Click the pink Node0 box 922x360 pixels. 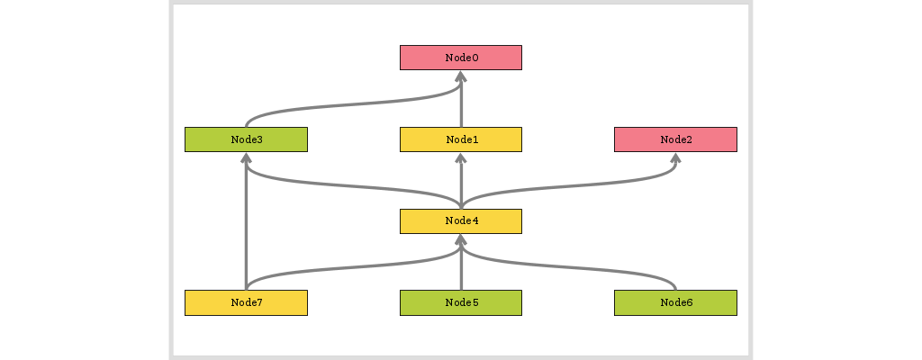[x=460, y=58]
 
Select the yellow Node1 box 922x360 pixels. [x=460, y=139]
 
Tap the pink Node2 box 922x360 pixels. [x=675, y=139]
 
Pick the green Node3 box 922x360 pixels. [x=246, y=139]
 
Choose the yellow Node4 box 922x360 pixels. [x=460, y=220]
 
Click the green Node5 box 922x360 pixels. [x=460, y=302]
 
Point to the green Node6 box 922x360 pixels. [x=675, y=302]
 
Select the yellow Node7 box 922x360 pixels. [x=246, y=302]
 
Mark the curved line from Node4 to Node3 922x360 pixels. [x=351, y=184]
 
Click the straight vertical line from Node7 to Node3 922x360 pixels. [x=246, y=225]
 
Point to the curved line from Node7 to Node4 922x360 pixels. [x=351, y=265]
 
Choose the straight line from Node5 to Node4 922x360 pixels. [x=460, y=268]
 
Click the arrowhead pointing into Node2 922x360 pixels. [x=675, y=158]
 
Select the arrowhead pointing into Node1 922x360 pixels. [x=460, y=158]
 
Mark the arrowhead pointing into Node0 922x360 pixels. [x=460, y=76]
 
